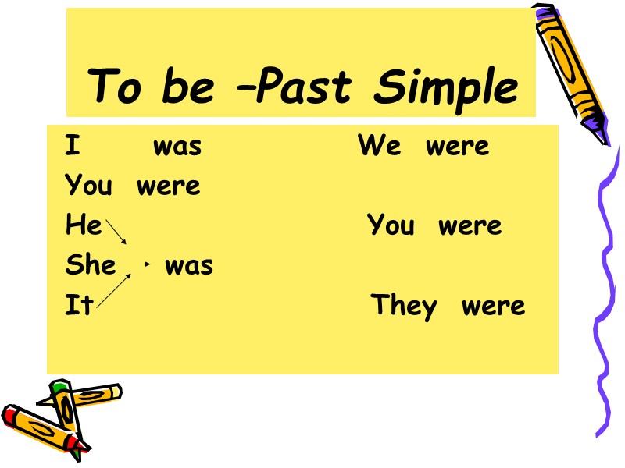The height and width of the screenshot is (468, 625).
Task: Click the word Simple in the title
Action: [x=446, y=87]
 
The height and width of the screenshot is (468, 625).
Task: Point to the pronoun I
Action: [x=72, y=146]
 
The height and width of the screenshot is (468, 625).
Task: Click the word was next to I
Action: [x=177, y=147]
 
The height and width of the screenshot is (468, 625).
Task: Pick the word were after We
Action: [x=458, y=147]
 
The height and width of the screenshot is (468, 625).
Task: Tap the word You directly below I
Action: [x=88, y=186]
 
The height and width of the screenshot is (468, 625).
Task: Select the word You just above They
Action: [x=391, y=226]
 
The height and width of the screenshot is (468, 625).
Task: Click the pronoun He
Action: [x=83, y=226]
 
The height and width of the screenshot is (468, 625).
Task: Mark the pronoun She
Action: [x=91, y=265]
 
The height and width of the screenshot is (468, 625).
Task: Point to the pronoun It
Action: [x=78, y=305]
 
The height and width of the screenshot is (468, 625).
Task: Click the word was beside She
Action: [x=189, y=266]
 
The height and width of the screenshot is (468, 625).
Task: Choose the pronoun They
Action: [x=403, y=306]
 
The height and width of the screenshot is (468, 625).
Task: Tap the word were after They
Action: [x=494, y=306]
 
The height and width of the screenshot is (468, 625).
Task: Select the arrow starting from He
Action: [x=116, y=232]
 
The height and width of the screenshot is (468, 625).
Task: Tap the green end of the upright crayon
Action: [x=60, y=387]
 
